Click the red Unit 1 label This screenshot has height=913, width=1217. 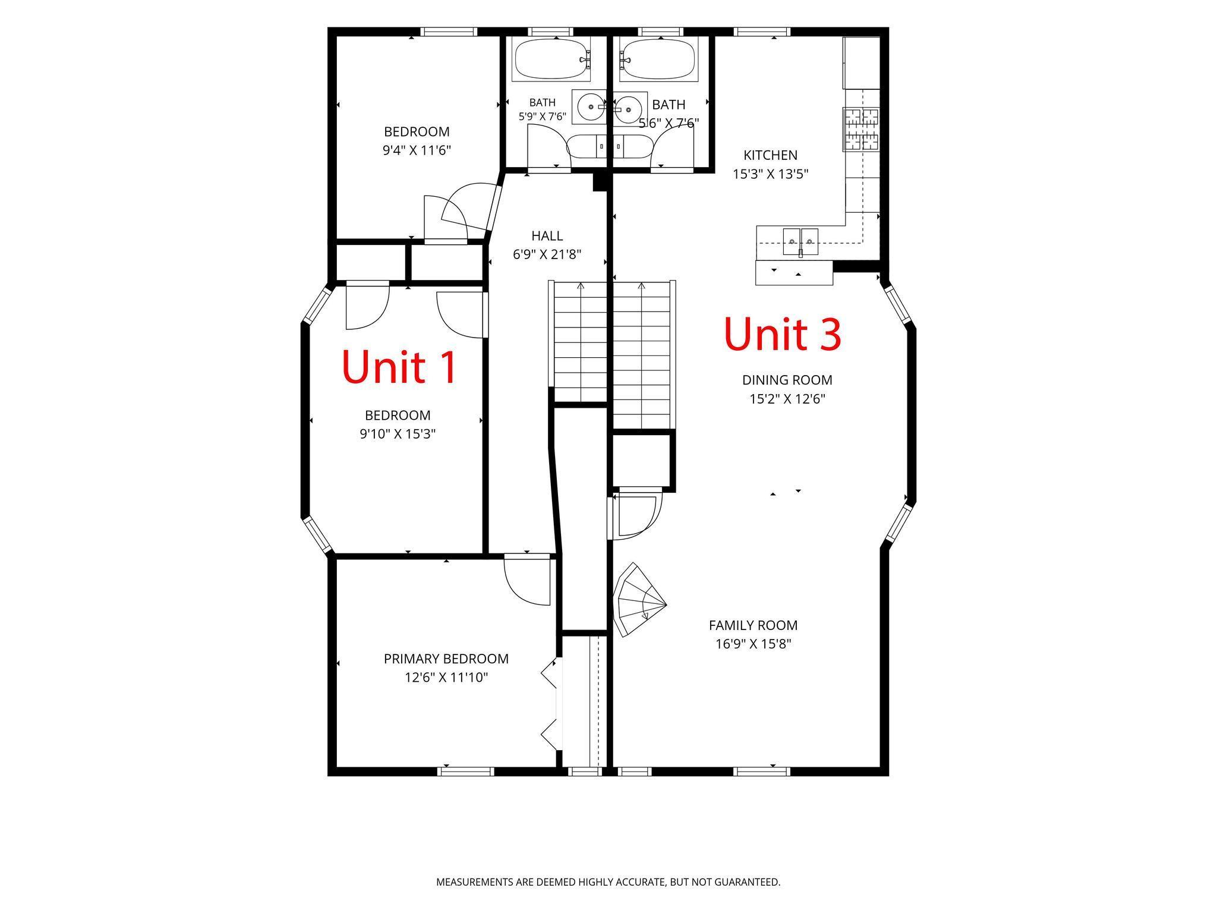click(399, 367)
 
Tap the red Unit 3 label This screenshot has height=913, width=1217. click(783, 333)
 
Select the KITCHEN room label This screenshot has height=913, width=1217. click(770, 155)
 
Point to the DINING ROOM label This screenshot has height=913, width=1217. click(787, 380)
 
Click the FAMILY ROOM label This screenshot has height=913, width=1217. click(753, 625)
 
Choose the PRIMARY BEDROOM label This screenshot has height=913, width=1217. click(446, 659)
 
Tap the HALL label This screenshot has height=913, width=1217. click(547, 236)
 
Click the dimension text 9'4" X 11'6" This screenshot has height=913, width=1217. click(417, 150)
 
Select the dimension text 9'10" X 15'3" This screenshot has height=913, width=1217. click(398, 434)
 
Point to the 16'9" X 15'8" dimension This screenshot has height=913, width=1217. click(753, 644)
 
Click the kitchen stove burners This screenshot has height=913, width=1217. click(861, 129)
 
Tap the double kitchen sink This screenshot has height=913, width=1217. click(800, 241)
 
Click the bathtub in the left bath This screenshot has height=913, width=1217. click(551, 59)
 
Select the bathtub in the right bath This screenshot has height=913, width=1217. click(658, 59)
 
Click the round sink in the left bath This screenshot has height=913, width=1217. click(589, 107)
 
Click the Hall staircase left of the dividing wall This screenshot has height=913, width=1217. click(580, 342)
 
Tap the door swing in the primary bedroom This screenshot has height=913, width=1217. click(528, 581)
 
